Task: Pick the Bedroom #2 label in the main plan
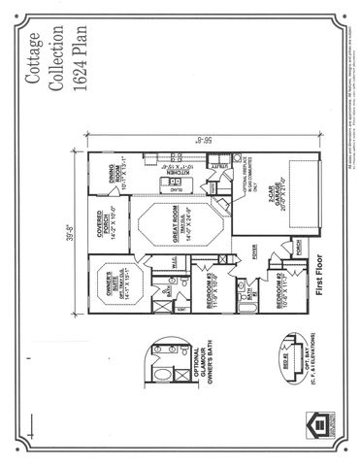[x=289, y=296]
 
